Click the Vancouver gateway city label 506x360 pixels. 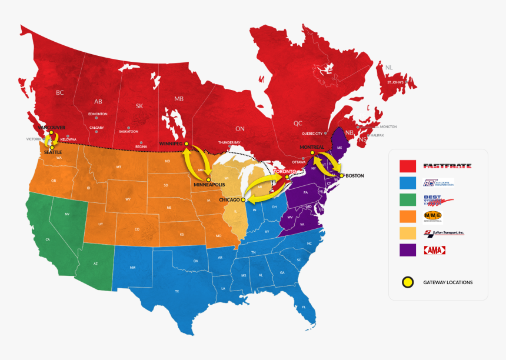[51, 127]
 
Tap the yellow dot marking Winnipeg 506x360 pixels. [186, 144]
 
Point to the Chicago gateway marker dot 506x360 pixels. [244, 199]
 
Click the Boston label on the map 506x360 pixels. [355, 175]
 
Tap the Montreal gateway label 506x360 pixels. [312, 146]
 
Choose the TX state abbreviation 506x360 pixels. [177, 291]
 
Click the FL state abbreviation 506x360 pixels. [304, 307]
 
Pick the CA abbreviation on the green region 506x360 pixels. [48, 239]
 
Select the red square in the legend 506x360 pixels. [408, 166]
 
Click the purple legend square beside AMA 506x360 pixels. [408, 250]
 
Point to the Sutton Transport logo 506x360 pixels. [444, 233]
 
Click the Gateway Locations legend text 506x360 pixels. [448, 282]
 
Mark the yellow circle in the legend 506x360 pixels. [407, 282]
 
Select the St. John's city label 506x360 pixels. [395, 82]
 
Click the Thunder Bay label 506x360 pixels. [229, 142]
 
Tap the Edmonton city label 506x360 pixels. [98, 114]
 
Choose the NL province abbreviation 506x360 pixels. [388, 68]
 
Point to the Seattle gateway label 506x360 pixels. [52, 152]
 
